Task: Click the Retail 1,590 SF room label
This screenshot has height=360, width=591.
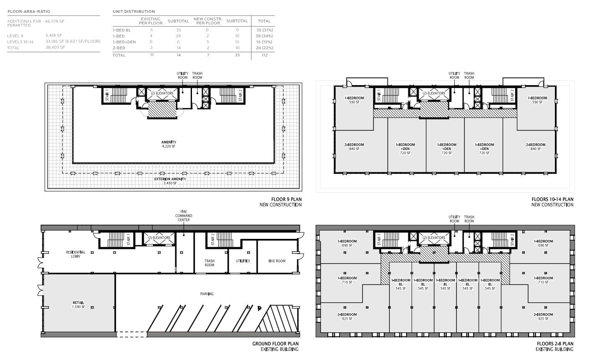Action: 79,305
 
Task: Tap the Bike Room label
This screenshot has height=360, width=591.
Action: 277,261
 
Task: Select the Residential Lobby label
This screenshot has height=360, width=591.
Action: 75,254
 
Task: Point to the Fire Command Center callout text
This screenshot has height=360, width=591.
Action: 184,215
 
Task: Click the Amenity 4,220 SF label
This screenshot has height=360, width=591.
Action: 168,144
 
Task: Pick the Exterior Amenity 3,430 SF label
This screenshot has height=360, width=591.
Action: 170,181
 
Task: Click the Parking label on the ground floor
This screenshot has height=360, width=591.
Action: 207,294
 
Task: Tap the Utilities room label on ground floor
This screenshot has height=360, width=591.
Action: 243,261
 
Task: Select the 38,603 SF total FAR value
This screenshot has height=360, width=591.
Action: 55,47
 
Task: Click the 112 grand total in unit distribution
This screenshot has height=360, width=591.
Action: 264,55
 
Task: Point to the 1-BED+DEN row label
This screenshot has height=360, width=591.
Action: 124,42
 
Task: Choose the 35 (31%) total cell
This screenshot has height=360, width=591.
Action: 264,30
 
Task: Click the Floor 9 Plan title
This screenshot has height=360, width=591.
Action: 286,199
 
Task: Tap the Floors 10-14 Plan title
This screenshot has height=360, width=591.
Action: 552,199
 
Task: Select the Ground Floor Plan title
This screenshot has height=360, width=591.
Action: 275,344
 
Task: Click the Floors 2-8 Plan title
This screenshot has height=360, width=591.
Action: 555,344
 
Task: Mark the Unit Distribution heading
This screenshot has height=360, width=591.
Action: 134,12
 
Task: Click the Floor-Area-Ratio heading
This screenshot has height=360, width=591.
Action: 29,12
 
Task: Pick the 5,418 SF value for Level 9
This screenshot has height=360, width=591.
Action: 54,35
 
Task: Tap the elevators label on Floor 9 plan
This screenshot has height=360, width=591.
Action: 162,93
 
